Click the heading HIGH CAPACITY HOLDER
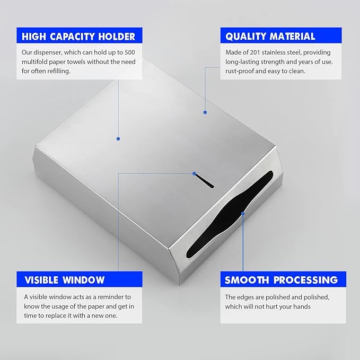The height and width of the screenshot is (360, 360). [x=78, y=37]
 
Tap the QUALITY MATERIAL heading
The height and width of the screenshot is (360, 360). [x=270, y=37]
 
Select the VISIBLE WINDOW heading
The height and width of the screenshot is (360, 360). [x=65, y=280]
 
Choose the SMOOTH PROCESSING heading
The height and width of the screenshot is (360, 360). [x=281, y=280]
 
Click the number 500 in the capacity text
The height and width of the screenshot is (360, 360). [x=130, y=52]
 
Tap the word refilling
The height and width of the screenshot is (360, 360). [x=59, y=71]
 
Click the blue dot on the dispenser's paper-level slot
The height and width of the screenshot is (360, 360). [x=194, y=173]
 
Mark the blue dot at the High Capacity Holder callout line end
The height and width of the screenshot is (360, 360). [x=118, y=139]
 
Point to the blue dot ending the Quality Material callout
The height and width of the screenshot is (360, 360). [x=205, y=112]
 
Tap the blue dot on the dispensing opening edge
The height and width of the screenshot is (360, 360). [x=243, y=214]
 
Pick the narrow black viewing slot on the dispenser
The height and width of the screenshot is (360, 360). [x=204, y=181]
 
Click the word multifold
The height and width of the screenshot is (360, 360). [x=34, y=62]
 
